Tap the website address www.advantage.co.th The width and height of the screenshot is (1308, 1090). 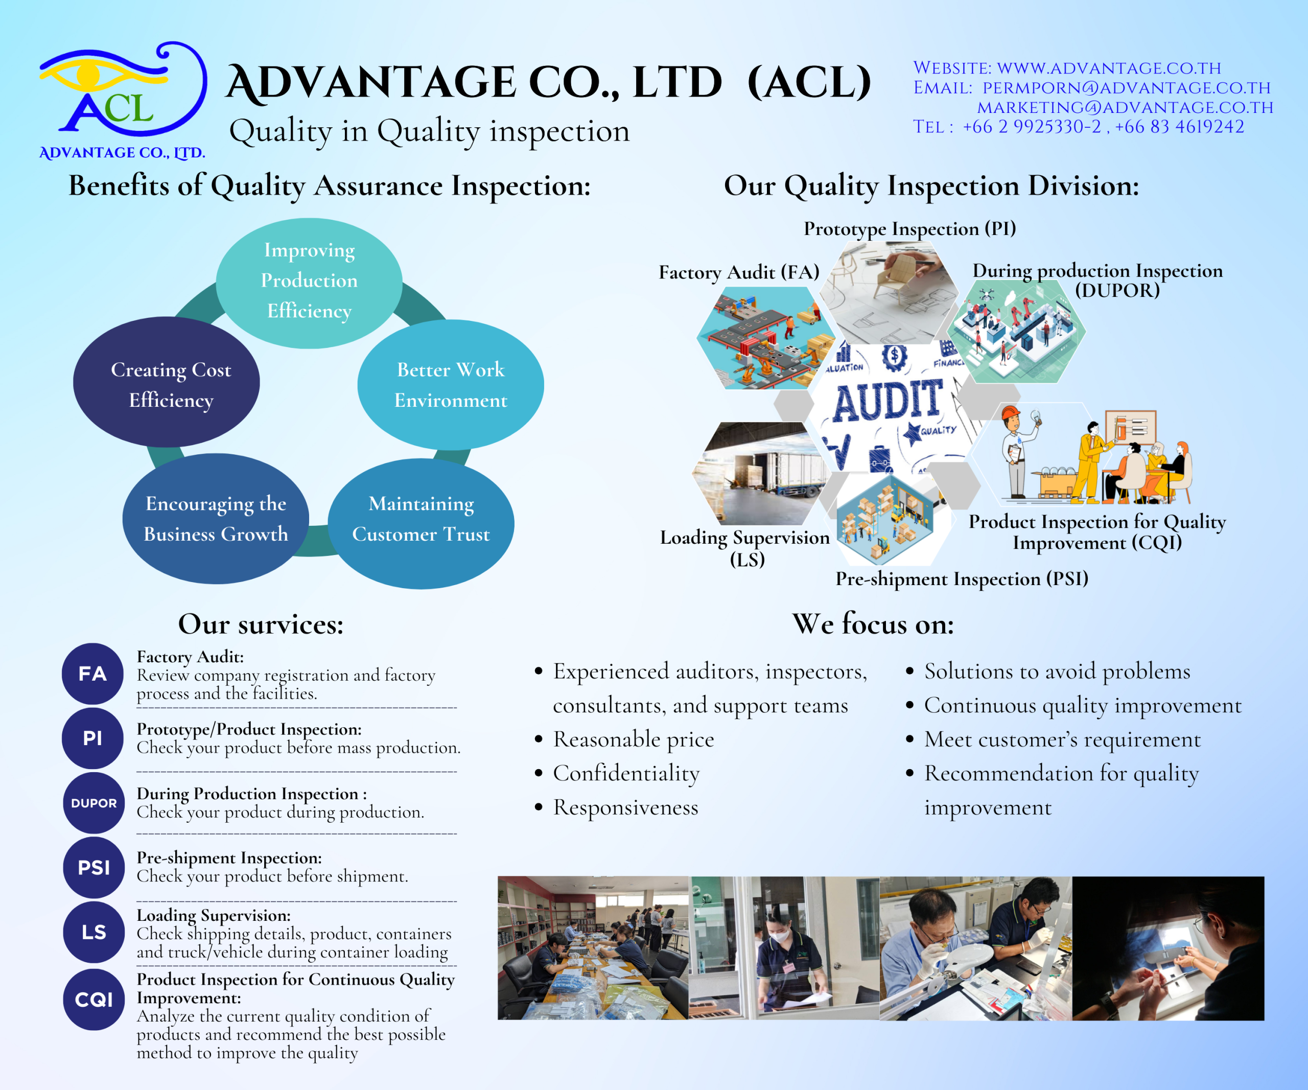[1109, 68]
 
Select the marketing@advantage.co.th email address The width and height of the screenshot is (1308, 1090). [1125, 108]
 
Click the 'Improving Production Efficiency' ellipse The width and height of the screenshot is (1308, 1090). [309, 283]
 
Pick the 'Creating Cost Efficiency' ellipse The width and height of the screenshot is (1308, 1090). [166, 382]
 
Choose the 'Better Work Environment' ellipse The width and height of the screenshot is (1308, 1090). [450, 385]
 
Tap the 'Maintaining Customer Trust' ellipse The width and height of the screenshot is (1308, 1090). [421, 524]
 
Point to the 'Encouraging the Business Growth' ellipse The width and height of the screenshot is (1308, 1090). [216, 519]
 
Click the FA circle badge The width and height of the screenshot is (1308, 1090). [93, 674]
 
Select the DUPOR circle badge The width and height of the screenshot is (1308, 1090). [94, 803]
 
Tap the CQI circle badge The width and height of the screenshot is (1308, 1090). [94, 1000]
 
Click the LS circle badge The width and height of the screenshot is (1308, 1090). [94, 932]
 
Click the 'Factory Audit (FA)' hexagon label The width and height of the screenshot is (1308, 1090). [739, 272]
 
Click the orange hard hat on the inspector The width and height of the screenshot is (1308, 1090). [1010, 413]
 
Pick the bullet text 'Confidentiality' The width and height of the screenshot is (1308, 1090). [626, 774]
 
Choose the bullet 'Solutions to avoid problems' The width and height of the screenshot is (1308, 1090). [1057, 671]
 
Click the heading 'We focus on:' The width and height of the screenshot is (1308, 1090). [873, 624]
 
